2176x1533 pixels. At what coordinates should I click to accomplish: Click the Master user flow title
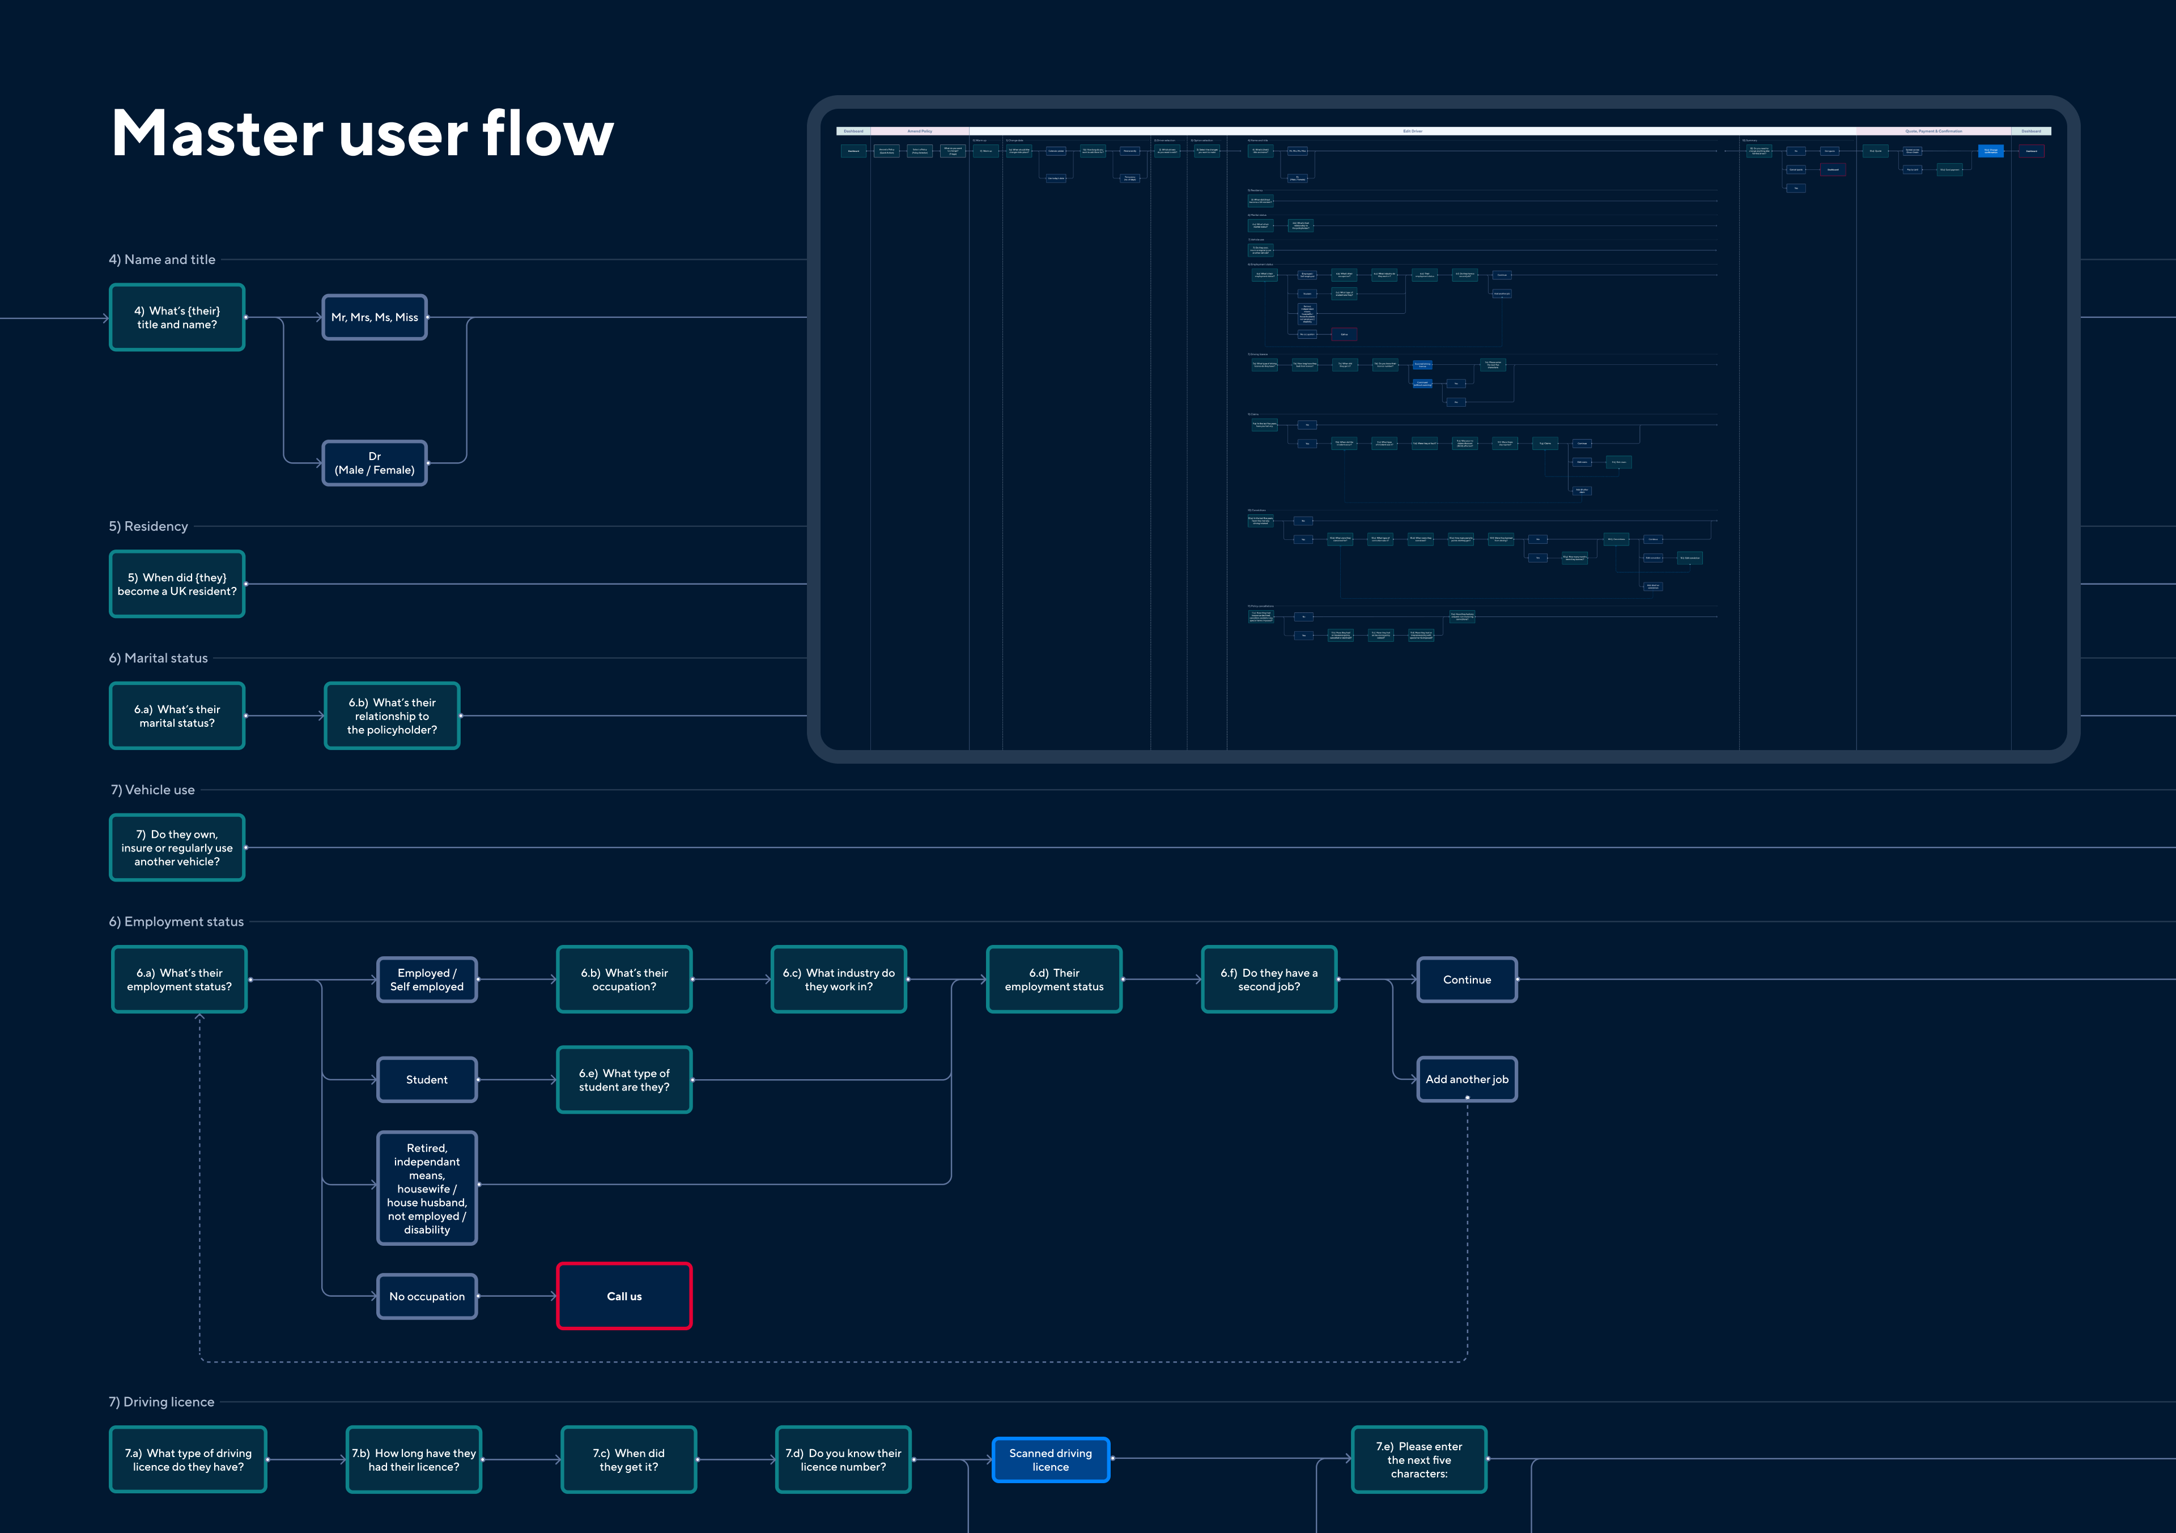pyautogui.click(x=362, y=133)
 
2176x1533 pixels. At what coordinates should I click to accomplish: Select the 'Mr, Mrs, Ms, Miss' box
pyautogui.click(x=375, y=317)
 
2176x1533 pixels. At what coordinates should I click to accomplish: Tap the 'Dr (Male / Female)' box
pyautogui.click(x=375, y=463)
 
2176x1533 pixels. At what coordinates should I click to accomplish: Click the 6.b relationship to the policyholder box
pyautogui.click(x=392, y=716)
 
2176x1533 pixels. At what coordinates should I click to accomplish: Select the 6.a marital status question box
pyautogui.click(x=177, y=716)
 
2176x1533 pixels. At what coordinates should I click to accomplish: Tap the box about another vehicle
pyautogui.click(x=177, y=848)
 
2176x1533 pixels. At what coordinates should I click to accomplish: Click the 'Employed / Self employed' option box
pyautogui.click(x=427, y=980)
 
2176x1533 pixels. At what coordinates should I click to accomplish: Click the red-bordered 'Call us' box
pyautogui.click(x=623, y=1296)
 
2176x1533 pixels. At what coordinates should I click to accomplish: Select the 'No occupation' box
pyautogui.click(x=427, y=1296)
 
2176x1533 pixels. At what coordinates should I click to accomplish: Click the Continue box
pyautogui.click(x=1466, y=980)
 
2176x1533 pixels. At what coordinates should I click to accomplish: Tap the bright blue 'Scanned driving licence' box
pyautogui.click(x=1050, y=1459)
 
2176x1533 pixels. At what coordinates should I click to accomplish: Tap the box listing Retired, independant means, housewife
pyautogui.click(x=427, y=1188)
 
